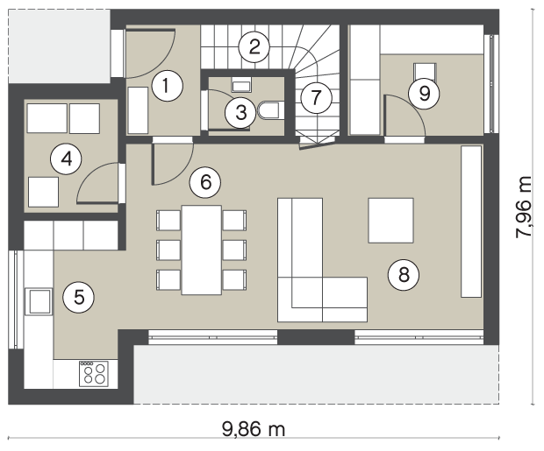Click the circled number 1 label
tap(168, 86)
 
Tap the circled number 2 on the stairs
tap(254, 46)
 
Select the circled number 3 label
tap(240, 113)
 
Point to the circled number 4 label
tap(66, 159)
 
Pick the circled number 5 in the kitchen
tap(79, 297)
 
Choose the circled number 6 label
tap(205, 182)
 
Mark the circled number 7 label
tap(316, 98)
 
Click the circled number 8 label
tap(404, 274)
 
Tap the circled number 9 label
tap(425, 94)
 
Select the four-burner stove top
tap(94, 374)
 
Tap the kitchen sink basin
tap(39, 301)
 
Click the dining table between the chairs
tap(202, 250)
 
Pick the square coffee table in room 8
tap(390, 221)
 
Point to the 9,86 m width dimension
tap(254, 429)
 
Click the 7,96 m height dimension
tap(523, 208)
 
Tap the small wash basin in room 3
tap(241, 84)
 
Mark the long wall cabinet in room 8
tap(471, 222)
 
